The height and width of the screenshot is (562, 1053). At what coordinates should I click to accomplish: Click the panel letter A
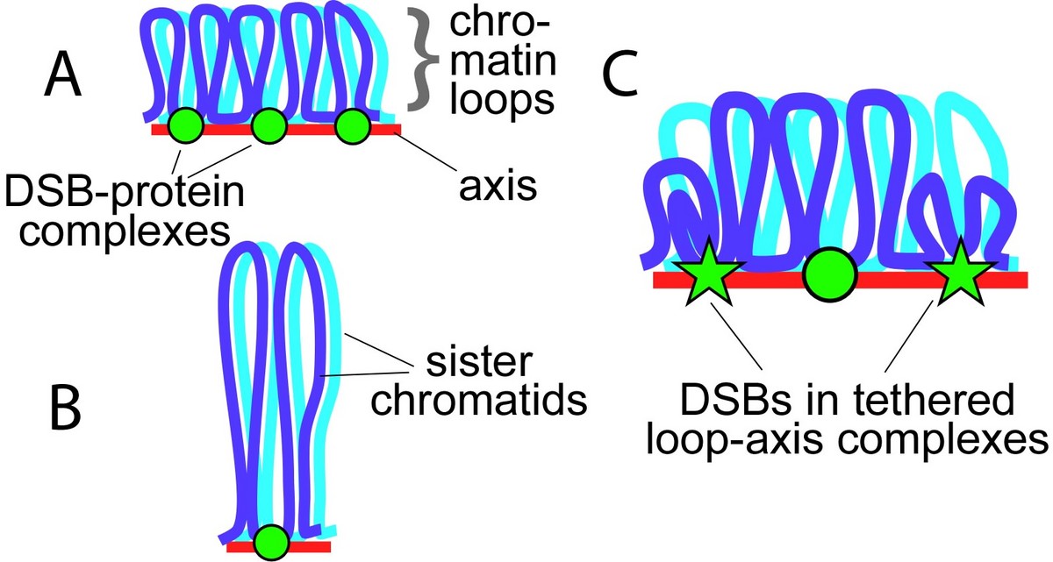[62, 75]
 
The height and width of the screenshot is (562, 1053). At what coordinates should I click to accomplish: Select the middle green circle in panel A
[269, 128]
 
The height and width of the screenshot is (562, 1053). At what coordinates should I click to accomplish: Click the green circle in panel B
[270, 542]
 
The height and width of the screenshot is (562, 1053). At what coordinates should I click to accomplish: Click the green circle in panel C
[830, 275]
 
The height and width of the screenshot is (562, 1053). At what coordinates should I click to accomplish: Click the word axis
[498, 186]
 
